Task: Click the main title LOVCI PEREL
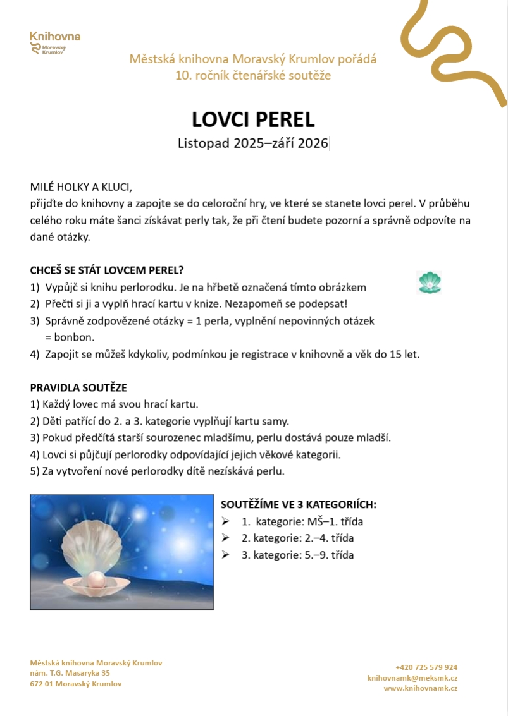[x=253, y=119]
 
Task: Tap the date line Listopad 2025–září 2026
[x=253, y=143]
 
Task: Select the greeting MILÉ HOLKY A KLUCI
[x=81, y=187]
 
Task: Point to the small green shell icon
[x=430, y=282]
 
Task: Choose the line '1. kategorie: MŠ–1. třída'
[x=302, y=522]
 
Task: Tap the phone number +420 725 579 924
[x=426, y=667]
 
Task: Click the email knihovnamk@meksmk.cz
[x=412, y=677]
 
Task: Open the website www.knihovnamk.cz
[x=420, y=688]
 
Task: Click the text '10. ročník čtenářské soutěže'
[x=253, y=76]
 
